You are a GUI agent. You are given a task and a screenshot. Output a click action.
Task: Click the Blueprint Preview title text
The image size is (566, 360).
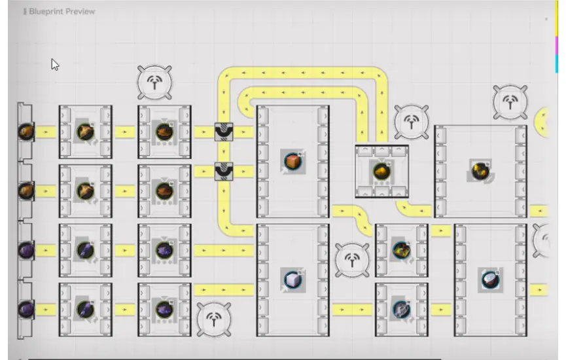(62, 11)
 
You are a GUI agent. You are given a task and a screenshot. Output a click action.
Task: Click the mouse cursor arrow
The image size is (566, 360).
(55, 64)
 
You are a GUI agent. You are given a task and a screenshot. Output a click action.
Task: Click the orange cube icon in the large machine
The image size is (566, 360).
(292, 160)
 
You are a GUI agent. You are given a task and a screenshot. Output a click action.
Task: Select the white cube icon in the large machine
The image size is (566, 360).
(292, 279)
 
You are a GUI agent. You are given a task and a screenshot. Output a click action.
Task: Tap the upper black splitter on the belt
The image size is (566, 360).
(224, 132)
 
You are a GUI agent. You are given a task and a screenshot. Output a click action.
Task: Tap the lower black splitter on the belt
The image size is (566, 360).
(224, 171)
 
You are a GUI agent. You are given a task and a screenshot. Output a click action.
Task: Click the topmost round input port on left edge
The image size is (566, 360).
(26, 132)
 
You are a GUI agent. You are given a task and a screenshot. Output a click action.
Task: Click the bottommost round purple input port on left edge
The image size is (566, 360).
(26, 308)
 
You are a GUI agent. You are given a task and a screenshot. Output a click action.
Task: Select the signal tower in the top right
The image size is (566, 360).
(510, 102)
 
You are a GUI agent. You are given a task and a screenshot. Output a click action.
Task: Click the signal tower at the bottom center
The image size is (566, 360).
(214, 320)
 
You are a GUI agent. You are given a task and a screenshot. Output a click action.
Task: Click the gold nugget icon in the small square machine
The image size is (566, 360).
(381, 171)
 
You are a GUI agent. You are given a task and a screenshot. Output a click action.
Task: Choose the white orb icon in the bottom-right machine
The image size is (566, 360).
(489, 279)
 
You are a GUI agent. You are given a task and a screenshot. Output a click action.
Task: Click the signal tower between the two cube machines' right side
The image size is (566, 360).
(352, 260)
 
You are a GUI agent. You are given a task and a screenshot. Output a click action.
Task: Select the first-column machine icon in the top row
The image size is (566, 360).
(85, 132)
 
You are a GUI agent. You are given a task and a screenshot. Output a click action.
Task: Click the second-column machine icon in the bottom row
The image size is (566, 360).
(164, 309)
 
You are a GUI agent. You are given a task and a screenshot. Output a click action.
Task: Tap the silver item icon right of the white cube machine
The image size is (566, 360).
(401, 309)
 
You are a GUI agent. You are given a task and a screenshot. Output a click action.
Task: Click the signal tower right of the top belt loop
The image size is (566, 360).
(411, 122)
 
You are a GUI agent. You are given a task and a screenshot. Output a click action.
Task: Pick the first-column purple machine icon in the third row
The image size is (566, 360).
(85, 250)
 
